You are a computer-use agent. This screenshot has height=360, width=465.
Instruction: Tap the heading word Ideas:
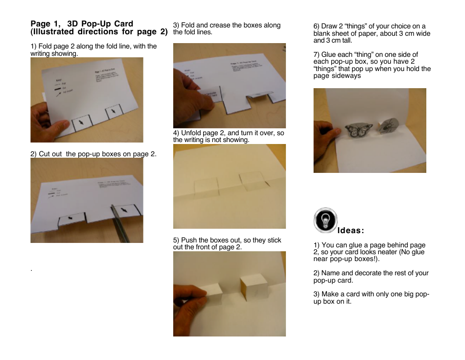click(350, 231)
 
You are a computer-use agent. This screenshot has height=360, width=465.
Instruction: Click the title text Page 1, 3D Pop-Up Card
click(82, 24)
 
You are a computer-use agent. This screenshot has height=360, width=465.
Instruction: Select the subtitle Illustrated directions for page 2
click(99, 32)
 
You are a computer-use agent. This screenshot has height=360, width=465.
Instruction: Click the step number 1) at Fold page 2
click(34, 47)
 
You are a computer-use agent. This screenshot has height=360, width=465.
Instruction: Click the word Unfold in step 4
click(192, 133)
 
